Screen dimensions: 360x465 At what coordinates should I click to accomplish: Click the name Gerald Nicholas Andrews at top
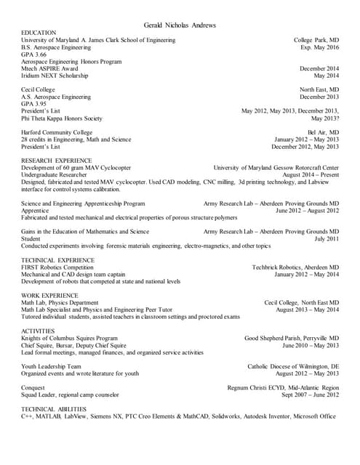pyautogui.click(x=180, y=25)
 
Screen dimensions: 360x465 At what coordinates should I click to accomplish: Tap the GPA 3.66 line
pyautogui.click(x=34, y=54)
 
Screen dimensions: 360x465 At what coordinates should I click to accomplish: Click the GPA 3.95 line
pyautogui.click(x=34, y=104)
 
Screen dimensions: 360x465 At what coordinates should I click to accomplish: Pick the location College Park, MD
pyautogui.click(x=316, y=40)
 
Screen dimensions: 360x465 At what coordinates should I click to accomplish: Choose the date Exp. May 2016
pyautogui.click(x=319, y=47)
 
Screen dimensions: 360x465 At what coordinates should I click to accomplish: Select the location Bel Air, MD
pyautogui.click(x=323, y=132)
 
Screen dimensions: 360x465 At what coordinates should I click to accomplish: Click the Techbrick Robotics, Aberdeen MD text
pyautogui.click(x=295, y=267)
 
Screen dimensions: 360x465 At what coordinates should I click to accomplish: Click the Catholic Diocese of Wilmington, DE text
pyautogui.click(x=293, y=366)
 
